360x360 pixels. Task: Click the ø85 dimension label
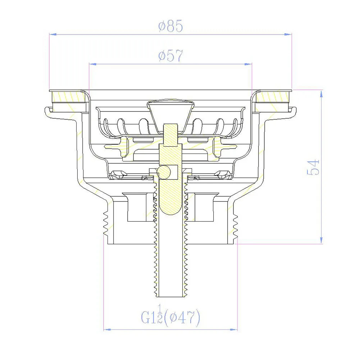[170, 26]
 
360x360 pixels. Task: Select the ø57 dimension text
[170, 55]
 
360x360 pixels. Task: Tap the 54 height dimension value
[313, 168]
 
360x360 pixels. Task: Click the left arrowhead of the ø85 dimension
[53, 35]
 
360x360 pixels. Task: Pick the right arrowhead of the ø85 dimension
[288, 35]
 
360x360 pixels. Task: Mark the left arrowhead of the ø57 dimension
[92, 64]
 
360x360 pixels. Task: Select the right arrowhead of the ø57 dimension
[248, 64]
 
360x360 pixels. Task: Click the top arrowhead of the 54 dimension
[321, 94]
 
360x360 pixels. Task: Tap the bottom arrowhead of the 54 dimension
[321, 240]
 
